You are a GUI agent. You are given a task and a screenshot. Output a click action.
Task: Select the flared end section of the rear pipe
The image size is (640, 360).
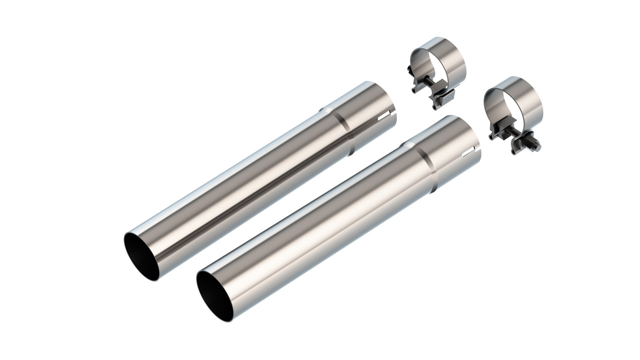coord(367,115)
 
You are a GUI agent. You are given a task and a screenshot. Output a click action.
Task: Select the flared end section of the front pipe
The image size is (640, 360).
coord(452,150)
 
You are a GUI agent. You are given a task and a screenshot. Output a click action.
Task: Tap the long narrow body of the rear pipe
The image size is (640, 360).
coord(240,190)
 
